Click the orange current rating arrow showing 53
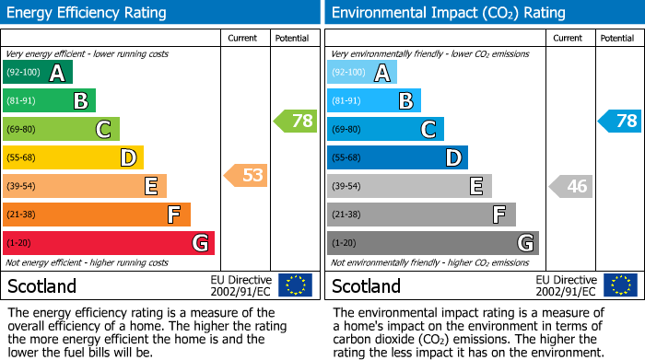(x=246, y=175)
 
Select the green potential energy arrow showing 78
(x=295, y=120)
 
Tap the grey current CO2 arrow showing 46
(x=570, y=186)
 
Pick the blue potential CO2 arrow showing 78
(x=619, y=120)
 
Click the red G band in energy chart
(x=109, y=243)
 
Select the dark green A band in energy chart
(x=38, y=73)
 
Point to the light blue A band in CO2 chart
(x=362, y=73)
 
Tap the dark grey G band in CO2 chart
(x=432, y=243)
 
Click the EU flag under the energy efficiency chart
(x=295, y=285)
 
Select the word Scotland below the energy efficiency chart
(x=42, y=285)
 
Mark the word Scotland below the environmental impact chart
(x=367, y=285)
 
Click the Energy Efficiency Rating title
(x=88, y=13)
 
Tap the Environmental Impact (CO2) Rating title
(x=448, y=13)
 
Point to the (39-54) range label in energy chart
(x=22, y=186)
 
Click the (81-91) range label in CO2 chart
(x=346, y=101)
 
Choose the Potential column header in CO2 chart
(x=617, y=38)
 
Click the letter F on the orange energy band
(x=173, y=215)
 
